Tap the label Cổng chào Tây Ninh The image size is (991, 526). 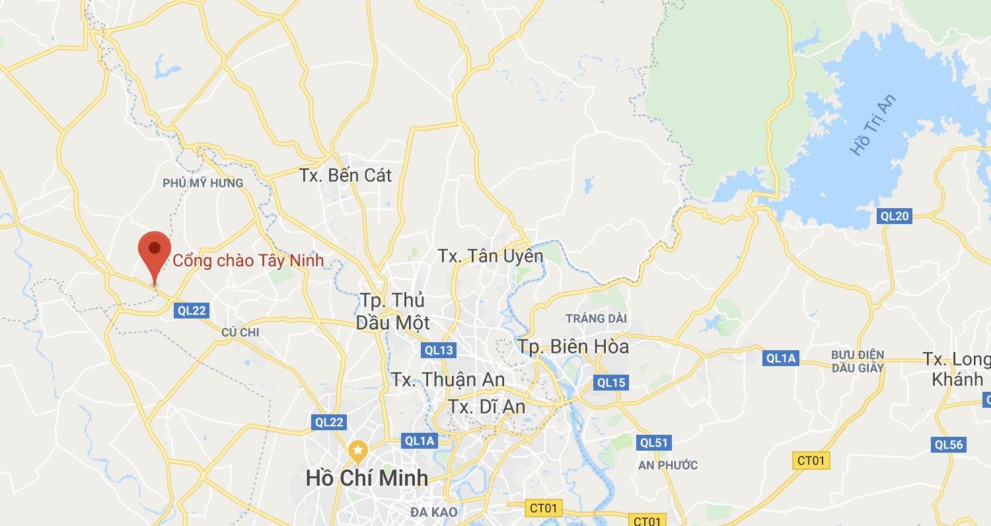pos(248,260)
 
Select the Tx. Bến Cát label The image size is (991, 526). pos(345,176)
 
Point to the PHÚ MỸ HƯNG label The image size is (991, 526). pos(203,183)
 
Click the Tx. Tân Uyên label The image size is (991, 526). pos(490,256)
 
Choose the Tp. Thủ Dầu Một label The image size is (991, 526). pos(393,311)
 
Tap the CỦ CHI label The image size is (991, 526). pos(240,332)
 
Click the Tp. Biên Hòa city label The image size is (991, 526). pos(573,346)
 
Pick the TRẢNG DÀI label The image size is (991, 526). pos(596,319)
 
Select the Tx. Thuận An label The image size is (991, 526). pos(448,380)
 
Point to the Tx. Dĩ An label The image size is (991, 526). pos(487,406)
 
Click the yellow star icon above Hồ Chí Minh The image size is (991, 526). pos(358,452)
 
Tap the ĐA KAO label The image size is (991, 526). pos(433,512)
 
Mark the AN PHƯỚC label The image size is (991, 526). pos(668,465)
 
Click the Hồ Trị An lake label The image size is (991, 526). pos(873,124)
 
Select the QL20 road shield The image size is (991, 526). pos(895,216)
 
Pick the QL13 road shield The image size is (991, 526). pos(439,350)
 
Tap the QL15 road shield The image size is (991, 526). pos(610,382)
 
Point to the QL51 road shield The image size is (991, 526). pos(654,443)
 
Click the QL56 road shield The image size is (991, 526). pos(949,445)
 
